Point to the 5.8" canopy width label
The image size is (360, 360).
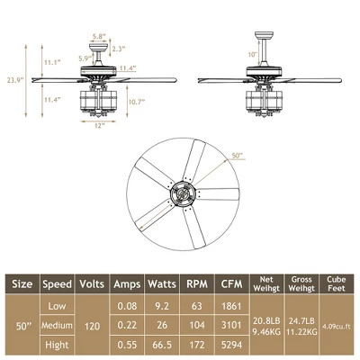[99, 36]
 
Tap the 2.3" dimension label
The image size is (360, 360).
[119, 49]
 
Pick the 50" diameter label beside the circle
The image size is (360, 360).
[238, 156]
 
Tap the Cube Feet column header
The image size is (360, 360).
[335, 283]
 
